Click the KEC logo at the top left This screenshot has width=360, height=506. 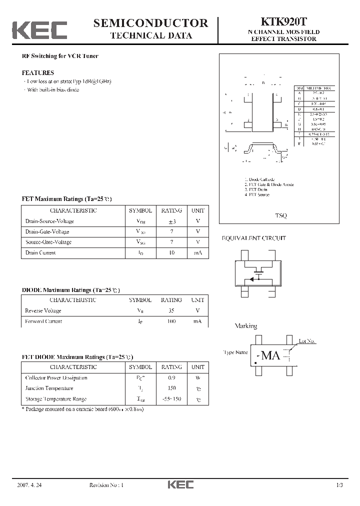point(39,30)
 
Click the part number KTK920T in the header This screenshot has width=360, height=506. point(283,22)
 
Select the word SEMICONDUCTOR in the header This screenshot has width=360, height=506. point(150,23)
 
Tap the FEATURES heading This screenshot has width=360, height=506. point(38,72)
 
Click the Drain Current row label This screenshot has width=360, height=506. point(41,253)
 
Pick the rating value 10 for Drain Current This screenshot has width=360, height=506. point(171,253)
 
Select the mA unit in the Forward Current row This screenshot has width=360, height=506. point(197,321)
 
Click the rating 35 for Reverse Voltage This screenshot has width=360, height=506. point(171,311)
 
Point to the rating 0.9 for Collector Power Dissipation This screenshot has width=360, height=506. point(171,378)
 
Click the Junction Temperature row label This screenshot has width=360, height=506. point(49,388)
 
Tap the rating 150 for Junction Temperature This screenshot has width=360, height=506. point(171,388)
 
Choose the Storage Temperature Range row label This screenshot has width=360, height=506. point(56,399)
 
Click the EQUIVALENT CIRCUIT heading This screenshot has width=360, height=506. point(254,238)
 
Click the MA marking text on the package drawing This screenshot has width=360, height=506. point(270,355)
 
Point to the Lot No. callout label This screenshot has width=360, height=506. point(307,341)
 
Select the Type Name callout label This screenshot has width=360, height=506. point(236,352)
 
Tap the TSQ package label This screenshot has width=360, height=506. point(281,215)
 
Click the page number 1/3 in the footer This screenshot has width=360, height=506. point(339,485)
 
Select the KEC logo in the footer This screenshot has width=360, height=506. point(180,485)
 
